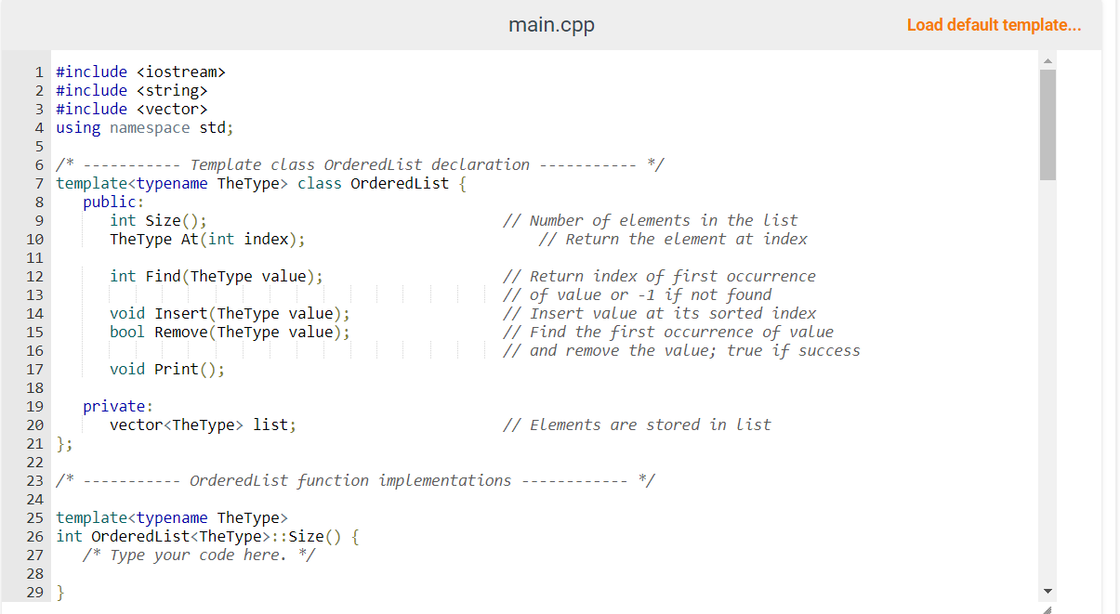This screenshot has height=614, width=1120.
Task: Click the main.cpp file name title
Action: coord(551,25)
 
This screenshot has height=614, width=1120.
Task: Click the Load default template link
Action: coord(994,25)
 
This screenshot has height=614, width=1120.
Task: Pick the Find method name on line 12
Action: coord(163,276)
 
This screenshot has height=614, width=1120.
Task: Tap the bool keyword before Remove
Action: coord(127,332)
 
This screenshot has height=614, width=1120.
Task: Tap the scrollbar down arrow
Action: coord(1048,592)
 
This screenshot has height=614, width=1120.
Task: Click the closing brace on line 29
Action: coord(60,592)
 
